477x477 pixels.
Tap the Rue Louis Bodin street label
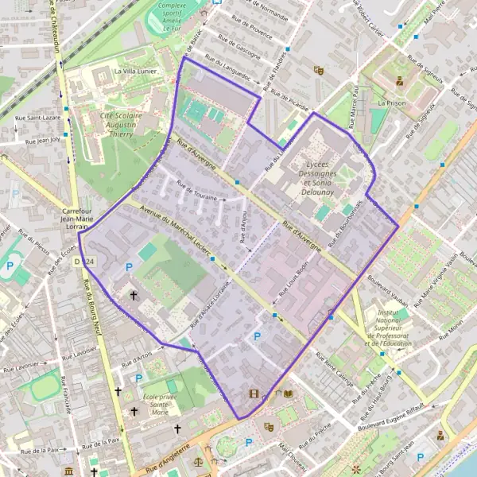[x=293, y=283]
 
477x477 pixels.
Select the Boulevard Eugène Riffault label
[x=397, y=417]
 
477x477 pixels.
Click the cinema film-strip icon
[x=254, y=393]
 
